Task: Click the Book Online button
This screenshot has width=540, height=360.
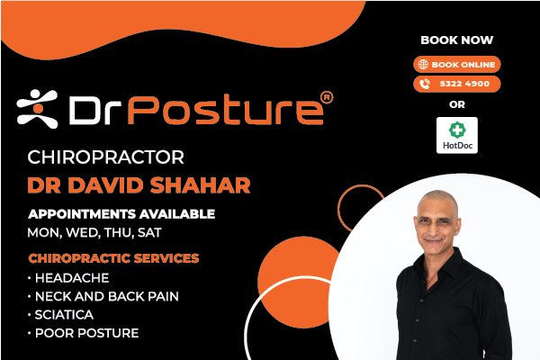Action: (x=456, y=65)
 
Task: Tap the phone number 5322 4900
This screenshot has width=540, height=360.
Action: (x=464, y=84)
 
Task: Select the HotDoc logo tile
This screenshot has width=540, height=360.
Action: (x=457, y=135)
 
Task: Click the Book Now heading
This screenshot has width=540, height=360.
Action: (x=457, y=40)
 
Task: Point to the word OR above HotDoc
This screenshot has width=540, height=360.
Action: (x=457, y=104)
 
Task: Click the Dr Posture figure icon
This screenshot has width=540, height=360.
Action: (x=37, y=109)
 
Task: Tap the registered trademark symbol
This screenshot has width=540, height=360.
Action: (x=327, y=97)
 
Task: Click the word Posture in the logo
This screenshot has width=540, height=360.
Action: (x=226, y=110)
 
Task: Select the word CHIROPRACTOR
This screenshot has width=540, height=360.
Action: (x=105, y=157)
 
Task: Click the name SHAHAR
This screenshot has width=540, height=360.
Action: (x=200, y=185)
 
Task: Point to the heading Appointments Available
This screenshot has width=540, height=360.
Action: (x=121, y=214)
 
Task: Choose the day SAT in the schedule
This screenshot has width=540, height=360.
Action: (x=149, y=233)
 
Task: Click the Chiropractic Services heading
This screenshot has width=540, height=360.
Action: (x=113, y=258)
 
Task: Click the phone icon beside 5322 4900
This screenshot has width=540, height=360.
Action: (x=425, y=84)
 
